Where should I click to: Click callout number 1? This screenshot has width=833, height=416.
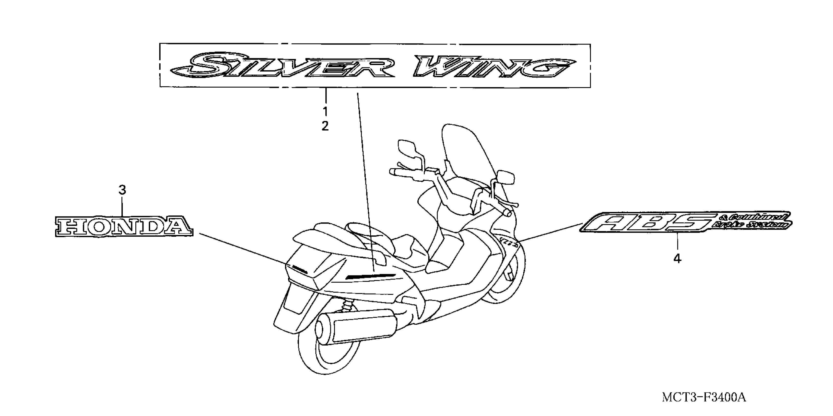[325, 112]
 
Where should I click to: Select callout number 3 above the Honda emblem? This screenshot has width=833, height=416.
[122, 190]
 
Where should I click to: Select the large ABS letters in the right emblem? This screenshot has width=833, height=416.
[644, 224]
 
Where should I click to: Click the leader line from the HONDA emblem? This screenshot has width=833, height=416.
[243, 247]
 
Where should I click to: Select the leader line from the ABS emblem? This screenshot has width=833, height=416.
[550, 232]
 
